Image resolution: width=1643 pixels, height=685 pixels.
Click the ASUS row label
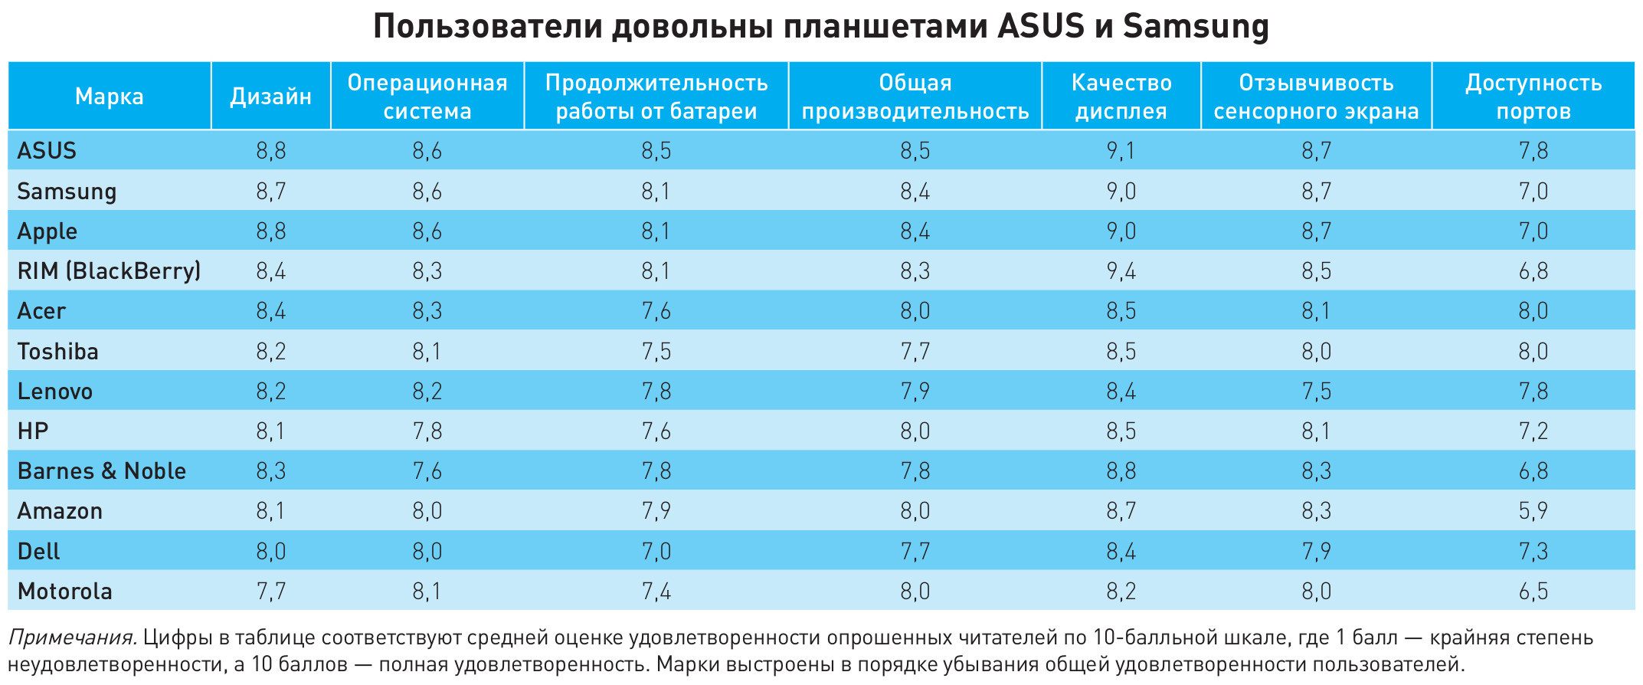pos(47,150)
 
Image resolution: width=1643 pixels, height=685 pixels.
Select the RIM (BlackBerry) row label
pos(109,270)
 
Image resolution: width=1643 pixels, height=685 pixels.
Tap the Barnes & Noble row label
pos(101,470)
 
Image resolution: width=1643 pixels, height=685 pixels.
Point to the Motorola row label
pos(64,591)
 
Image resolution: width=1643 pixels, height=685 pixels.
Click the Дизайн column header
pos(271,97)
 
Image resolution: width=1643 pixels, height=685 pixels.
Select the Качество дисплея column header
pos(1121,97)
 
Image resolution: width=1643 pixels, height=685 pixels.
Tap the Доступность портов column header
pos(1533,97)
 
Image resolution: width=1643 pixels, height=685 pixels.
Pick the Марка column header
pos(109,97)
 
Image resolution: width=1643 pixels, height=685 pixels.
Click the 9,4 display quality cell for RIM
pos(1121,270)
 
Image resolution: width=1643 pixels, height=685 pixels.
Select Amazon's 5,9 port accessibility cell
pos(1533,511)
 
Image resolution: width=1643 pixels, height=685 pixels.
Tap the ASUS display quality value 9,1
pos(1121,150)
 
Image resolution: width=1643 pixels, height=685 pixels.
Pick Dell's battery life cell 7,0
pos(656,551)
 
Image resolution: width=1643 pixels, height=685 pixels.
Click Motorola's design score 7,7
pos(271,591)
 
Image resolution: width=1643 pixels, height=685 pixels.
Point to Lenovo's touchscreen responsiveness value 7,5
pos(1316,391)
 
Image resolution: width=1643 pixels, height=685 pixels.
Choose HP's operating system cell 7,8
pos(427,431)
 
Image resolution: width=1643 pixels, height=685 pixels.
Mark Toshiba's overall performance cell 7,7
pos(915,351)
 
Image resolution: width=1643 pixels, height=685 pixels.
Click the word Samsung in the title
pos(1196,27)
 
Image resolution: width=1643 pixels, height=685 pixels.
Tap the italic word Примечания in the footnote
pos(72,637)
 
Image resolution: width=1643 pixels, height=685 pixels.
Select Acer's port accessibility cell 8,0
pos(1533,310)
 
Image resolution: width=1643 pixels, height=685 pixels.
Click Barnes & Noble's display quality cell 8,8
pos(1121,470)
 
